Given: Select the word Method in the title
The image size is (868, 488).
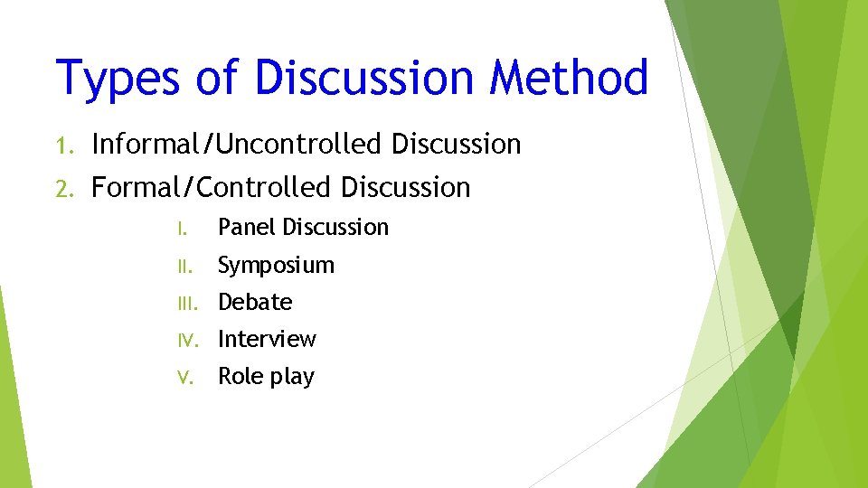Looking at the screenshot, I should (x=570, y=77).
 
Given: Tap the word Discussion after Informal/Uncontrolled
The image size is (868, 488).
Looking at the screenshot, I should (x=457, y=144).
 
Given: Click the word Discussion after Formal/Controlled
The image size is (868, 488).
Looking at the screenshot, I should (x=406, y=187).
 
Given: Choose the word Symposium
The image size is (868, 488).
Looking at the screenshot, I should (x=277, y=266).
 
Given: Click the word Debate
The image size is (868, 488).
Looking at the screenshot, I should (x=255, y=302).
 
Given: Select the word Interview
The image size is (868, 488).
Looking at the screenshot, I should (x=267, y=339).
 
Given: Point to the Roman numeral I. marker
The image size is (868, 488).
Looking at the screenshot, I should (x=181, y=228).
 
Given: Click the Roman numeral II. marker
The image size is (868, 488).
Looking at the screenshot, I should (x=184, y=266).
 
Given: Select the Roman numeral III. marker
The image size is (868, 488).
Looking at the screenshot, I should (x=184, y=303).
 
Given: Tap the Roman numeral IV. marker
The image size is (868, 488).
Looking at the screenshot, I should (x=184, y=340).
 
